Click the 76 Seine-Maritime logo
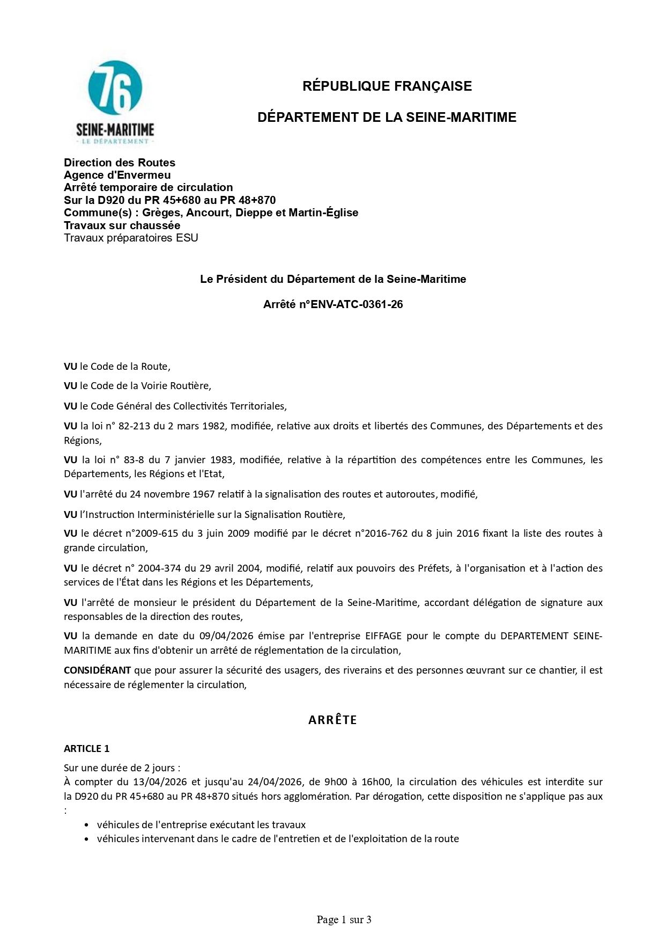[115, 102]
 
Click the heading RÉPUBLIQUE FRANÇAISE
[387, 86]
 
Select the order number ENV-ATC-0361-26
[357, 304]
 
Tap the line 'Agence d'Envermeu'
[117, 175]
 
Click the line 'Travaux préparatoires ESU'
[131, 238]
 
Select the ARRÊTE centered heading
[332, 720]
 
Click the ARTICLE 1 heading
[86, 748]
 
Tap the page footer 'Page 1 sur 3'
[344, 919]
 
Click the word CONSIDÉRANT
[97, 670]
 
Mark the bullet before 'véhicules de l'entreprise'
[87, 825]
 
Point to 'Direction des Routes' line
[119, 163]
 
